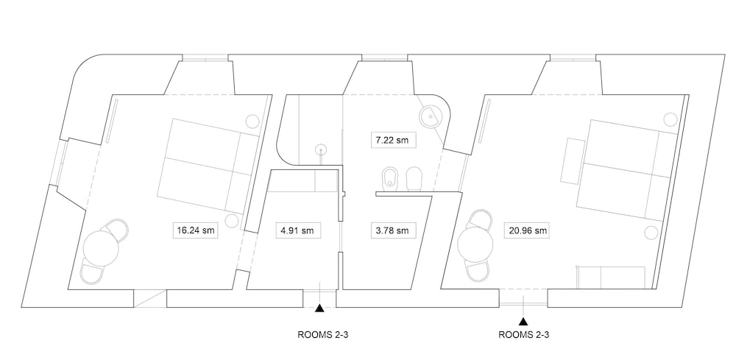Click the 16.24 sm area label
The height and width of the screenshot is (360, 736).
tap(195, 230)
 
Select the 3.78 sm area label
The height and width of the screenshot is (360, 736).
tap(393, 230)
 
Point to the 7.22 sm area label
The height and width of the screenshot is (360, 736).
tap(393, 140)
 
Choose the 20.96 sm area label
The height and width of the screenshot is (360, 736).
tap(528, 230)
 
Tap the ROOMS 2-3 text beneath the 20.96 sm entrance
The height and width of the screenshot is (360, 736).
tap(523, 335)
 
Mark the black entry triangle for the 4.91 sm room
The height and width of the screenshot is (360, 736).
tap(319, 308)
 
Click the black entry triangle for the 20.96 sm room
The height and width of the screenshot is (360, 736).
tap(523, 322)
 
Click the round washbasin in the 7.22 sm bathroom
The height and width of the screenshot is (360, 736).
tap(431, 115)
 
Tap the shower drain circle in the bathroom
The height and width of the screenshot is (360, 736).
tap(322, 149)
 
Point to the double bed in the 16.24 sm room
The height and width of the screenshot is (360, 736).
tap(209, 166)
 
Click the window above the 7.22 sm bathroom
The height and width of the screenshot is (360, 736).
tap(384, 57)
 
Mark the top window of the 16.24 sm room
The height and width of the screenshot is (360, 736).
tap(205, 57)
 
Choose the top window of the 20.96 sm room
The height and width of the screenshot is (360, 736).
tap(573, 57)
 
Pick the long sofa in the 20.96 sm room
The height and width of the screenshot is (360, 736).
tap(611, 277)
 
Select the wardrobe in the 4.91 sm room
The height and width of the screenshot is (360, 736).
tap(303, 181)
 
